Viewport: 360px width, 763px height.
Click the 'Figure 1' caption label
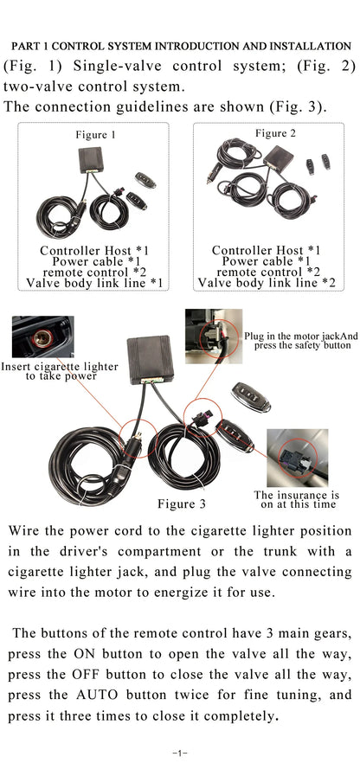point(95,135)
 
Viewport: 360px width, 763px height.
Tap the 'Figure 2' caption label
point(275,133)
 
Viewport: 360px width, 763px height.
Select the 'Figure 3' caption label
point(182,503)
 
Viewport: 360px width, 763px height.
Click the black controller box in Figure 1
point(91,160)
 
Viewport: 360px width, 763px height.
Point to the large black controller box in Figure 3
point(151,360)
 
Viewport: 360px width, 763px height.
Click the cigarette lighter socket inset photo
point(43,337)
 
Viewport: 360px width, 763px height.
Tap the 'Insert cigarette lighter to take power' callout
point(60,371)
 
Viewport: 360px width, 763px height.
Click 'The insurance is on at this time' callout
point(297,499)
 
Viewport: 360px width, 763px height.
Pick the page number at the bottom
point(180,753)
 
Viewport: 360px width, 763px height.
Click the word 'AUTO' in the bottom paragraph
point(97,695)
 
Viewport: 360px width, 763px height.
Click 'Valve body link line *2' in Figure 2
point(267,283)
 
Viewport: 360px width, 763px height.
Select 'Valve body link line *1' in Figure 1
point(94,283)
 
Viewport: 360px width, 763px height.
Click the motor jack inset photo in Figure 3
point(214,337)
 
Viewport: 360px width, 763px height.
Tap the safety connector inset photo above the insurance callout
point(297,458)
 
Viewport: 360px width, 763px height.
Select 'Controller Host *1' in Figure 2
point(267,251)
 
